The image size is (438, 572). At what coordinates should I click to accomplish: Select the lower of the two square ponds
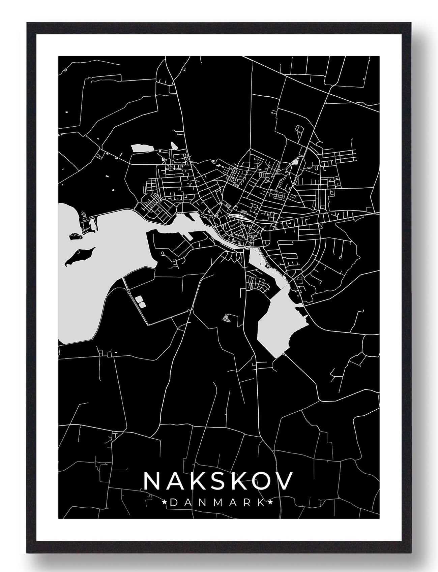142,305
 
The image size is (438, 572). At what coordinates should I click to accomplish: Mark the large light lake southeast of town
280,323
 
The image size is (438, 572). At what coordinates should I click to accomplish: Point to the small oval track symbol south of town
227,318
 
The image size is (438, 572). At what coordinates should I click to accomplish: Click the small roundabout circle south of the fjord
162,253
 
